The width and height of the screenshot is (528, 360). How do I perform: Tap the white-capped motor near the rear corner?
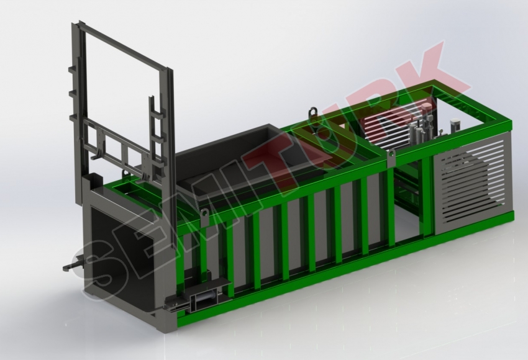coord(455,125)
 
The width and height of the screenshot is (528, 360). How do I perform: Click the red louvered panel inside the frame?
coord(387,128)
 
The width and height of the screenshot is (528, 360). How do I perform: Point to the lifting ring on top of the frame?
coord(314,111)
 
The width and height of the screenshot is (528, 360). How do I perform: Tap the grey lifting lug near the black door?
coord(204,217)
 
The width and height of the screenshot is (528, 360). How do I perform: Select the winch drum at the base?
coord(205,299)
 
